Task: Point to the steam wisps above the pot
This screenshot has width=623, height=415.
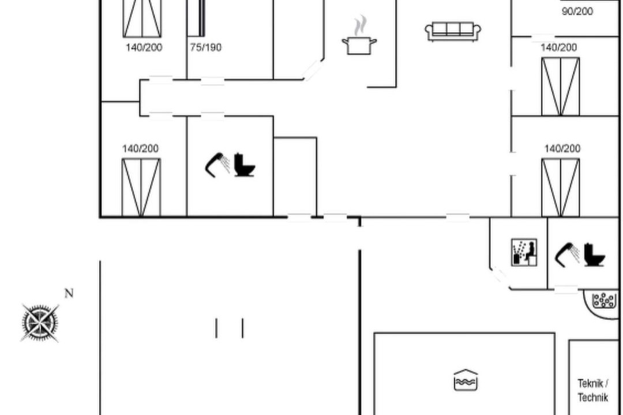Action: (361, 25)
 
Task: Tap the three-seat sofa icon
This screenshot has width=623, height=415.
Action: (453, 31)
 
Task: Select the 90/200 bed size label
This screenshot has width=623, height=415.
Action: (577, 11)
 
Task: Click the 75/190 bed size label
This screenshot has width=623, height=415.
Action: (205, 47)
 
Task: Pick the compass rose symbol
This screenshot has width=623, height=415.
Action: (40, 323)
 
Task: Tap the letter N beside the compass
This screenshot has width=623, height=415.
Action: (69, 293)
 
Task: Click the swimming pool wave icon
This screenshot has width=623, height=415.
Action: (466, 380)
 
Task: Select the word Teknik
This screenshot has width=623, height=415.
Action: (592, 384)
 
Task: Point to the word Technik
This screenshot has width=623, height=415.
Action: (593, 397)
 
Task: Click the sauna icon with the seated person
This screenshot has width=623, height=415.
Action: (524, 252)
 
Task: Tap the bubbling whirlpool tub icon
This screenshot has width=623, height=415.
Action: (604, 300)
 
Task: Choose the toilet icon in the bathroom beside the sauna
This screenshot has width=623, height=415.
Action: (594, 254)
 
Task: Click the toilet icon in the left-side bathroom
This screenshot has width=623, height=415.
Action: (244, 164)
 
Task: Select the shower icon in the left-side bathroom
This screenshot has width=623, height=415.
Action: (217, 164)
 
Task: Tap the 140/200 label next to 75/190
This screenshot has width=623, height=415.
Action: (144, 47)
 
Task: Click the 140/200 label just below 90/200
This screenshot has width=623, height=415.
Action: (558, 47)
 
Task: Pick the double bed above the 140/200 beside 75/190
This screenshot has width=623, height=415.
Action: (142, 18)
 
